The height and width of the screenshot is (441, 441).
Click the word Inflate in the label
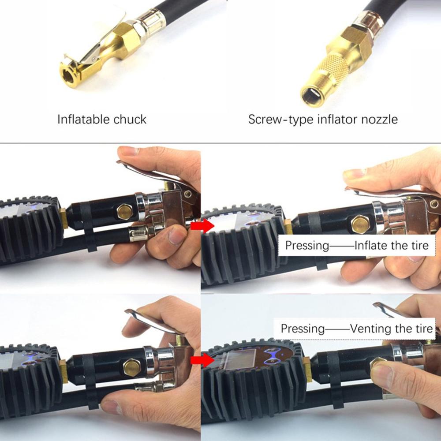coord(372,245)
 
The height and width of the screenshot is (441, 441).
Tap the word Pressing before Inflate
coord(307,245)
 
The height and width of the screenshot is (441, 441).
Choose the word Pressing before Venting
coord(303,329)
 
